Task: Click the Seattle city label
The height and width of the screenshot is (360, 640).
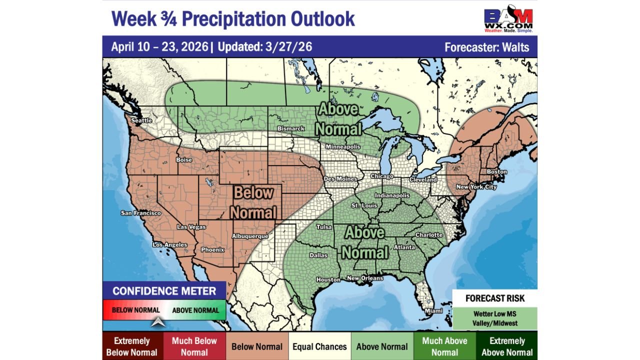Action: tap(141, 120)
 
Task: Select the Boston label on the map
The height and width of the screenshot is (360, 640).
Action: tap(496, 172)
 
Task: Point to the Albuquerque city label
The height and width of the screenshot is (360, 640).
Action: tap(250, 236)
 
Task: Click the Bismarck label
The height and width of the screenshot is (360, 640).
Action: tap(291, 128)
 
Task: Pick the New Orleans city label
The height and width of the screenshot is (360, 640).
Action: tap(365, 278)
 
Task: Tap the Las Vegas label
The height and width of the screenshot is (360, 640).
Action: tap(191, 227)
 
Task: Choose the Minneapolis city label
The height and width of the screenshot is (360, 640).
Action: tap(343, 147)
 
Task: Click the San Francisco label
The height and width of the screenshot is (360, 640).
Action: tap(141, 213)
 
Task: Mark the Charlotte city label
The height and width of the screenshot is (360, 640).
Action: tap(429, 235)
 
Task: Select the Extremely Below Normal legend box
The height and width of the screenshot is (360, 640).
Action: tap(132, 346)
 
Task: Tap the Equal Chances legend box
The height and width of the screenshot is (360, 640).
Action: tap(319, 346)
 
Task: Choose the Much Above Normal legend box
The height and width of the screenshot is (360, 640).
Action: tap(444, 346)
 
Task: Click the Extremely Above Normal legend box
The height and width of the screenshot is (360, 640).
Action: tap(506, 346)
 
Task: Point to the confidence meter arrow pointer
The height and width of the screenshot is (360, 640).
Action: tap(158, 322)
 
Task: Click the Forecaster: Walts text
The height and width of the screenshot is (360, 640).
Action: tap(486, 47)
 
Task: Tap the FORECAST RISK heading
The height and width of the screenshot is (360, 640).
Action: tap(495, 298)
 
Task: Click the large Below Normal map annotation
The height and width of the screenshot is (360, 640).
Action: tap(253, 202)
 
